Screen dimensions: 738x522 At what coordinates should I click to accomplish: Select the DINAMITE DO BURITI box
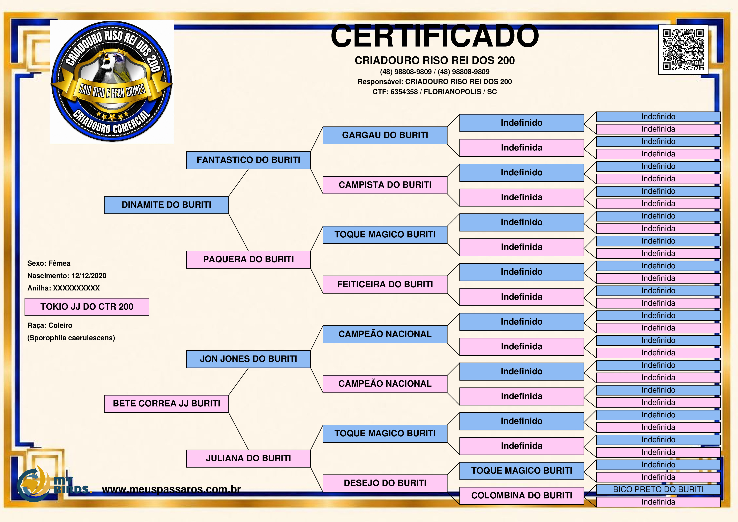pyautogui.click(x=166, y=205)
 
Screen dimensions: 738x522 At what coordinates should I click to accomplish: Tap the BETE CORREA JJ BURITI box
pyautogui.click(x=166, y=404)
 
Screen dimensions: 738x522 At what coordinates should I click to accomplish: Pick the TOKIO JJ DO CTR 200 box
pyautogui.click(x=87, y=307)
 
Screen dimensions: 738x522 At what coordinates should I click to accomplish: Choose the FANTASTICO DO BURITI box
pyautogui.click(x=248, y=160)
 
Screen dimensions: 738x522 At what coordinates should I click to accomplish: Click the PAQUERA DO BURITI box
pyautogui.click(x=248, y=260)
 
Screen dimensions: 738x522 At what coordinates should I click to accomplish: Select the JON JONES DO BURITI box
pyautogui.click(x=248, y=359)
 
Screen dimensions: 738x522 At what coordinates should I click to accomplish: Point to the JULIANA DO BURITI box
pyautogui.click(x=248, y=458)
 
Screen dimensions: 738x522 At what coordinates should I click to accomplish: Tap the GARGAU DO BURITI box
pyautogui.click(x=385, y=135)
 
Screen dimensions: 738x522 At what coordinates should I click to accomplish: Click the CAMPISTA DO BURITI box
pyautogui.click(x=385, y=185)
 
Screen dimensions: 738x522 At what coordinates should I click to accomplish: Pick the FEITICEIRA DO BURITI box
pyautogui.click(x=385, y=284)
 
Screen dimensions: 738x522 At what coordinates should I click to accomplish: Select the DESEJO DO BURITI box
pyautogui.click(x=385, y=483)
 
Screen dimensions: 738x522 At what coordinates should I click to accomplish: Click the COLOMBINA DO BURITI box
pyautogui.click(x=522, y=496)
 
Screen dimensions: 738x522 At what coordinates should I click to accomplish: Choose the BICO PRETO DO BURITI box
pyautogui.click(x=658, y=490)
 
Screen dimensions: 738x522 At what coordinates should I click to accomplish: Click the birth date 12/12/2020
pyautogui.click(x=89, y=276)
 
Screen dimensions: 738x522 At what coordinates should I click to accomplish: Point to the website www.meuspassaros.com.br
pyautogui.click(x=171, y=489)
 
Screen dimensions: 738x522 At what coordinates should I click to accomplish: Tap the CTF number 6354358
pyautogui.click(x=404, y=92)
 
